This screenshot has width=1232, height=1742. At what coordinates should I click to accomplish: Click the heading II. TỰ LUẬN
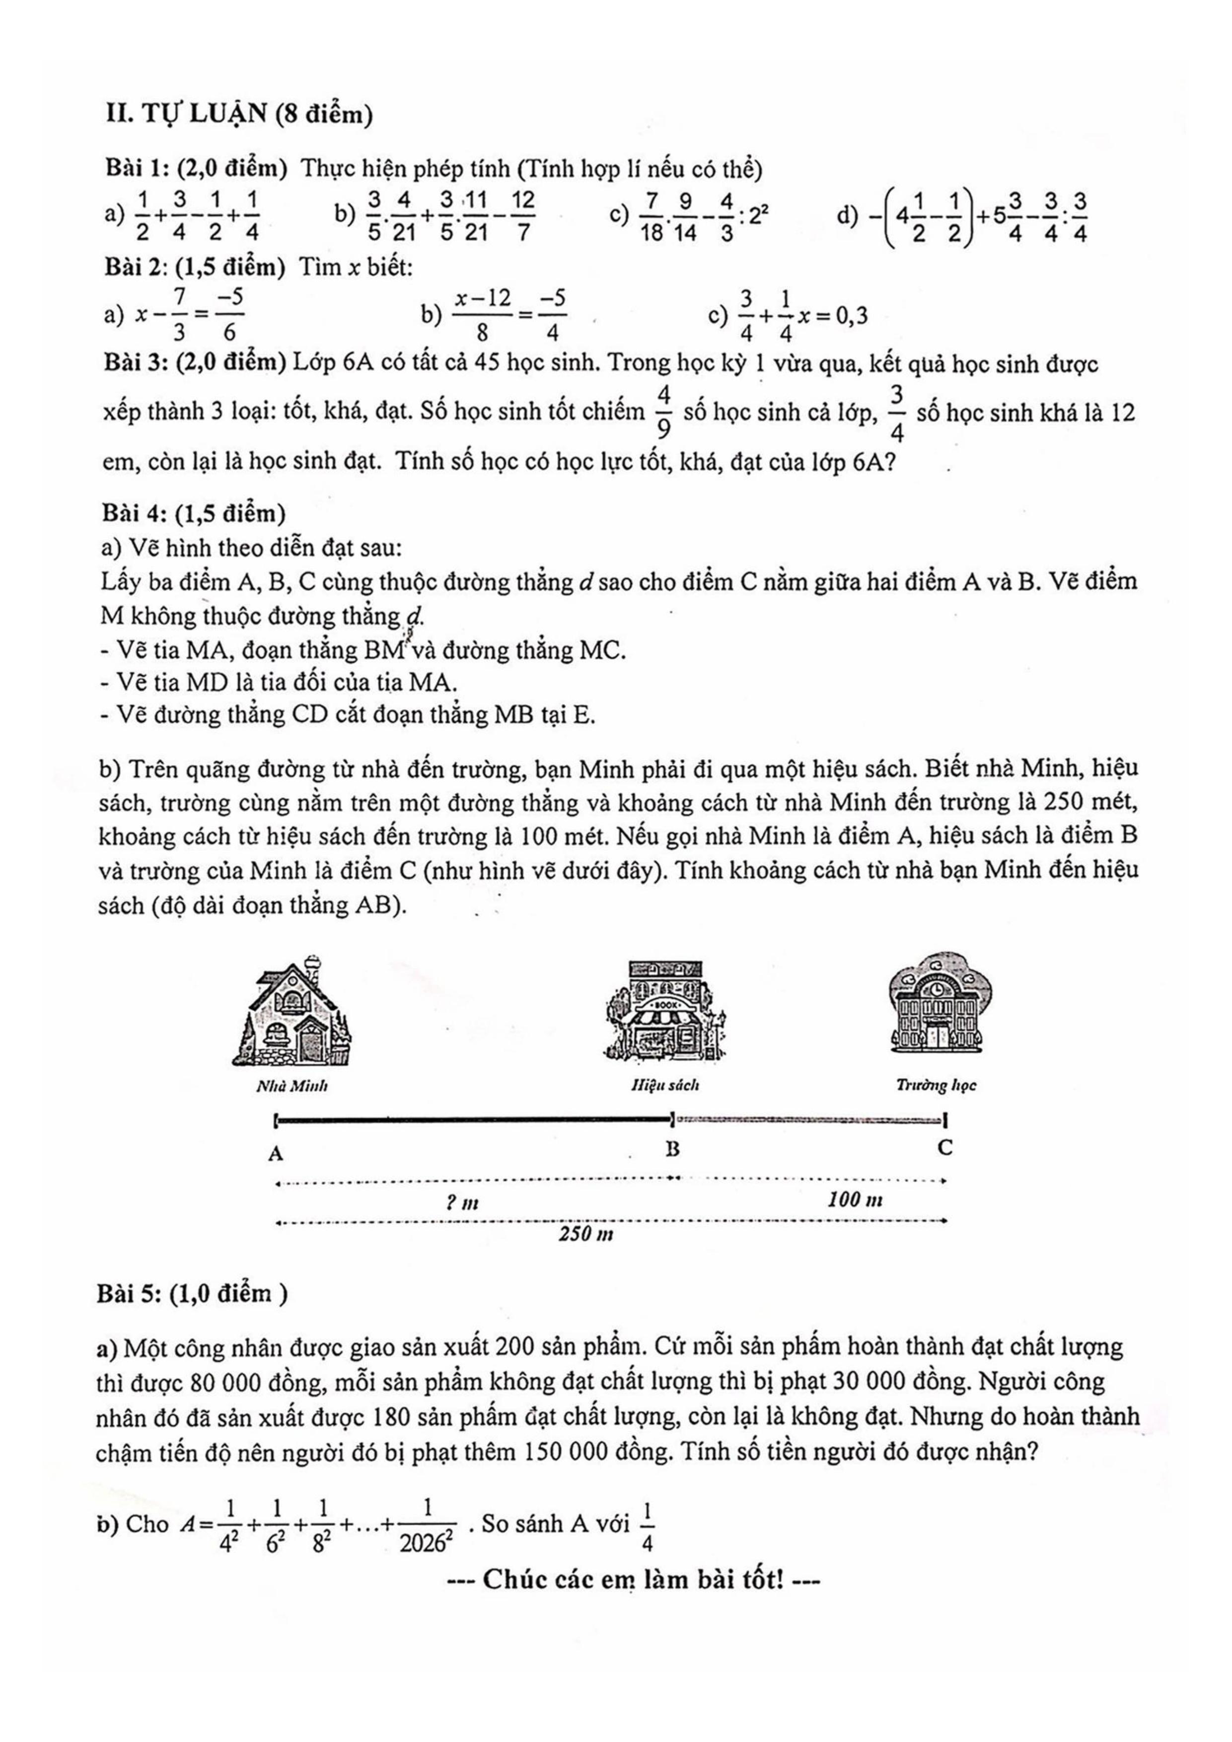[239, 115]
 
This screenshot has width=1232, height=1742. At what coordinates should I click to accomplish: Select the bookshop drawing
[664, 1011]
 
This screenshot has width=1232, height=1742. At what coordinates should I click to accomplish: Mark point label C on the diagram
[944, 1148]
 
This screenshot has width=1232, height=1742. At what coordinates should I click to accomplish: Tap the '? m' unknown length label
[462, 1202]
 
